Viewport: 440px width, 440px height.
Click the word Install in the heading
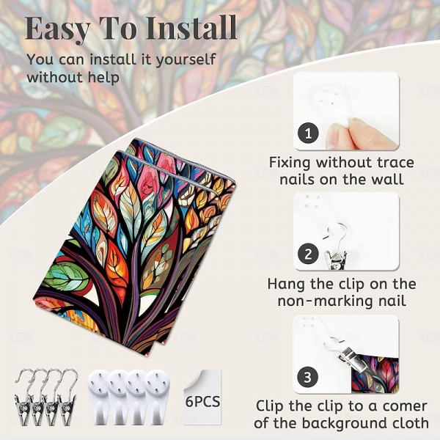(191, 28)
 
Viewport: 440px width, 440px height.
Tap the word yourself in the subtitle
(186, 60)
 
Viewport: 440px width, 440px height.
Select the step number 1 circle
(308, 133)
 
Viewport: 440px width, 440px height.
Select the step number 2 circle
(308, 254)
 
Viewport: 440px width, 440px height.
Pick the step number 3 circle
(308, 377)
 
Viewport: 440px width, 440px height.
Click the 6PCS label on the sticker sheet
(202, 402)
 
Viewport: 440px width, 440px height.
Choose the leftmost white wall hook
(98, 397)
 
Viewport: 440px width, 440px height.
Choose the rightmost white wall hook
(158, 397)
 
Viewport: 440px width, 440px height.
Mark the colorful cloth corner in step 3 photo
(375, 374)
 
